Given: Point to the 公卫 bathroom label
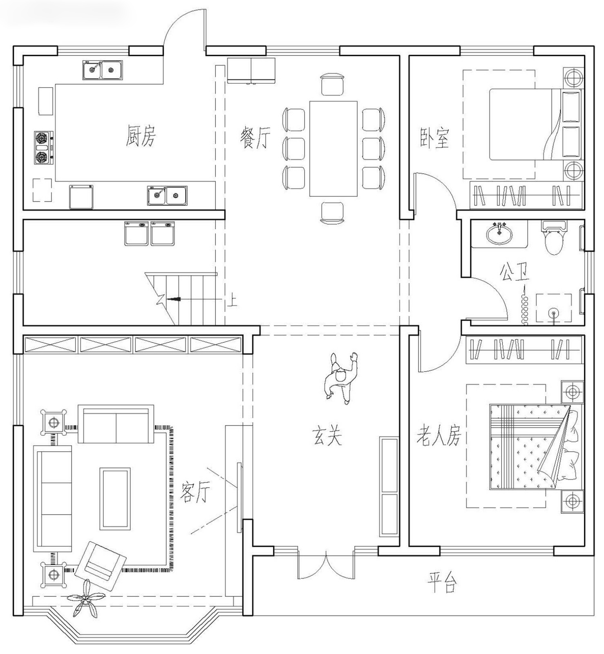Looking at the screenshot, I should [x=514, y=272].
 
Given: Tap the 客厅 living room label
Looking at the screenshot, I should [x=195, y=492].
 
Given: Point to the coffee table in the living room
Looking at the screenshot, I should [x=115, y=498].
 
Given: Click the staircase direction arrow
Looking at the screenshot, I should [x=174, y=299].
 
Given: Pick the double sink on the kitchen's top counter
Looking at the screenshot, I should [x=103, y=70].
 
